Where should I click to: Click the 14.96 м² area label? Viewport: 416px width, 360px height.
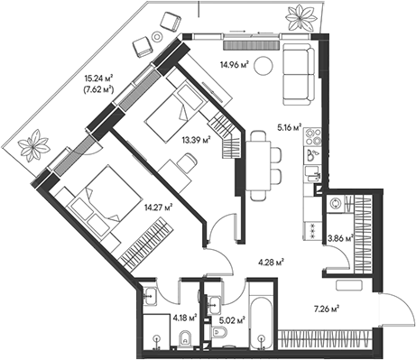pos(235,65)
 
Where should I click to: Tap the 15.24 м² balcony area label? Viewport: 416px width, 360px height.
pos(98,78)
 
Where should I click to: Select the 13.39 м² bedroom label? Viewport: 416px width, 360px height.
pos(196,140)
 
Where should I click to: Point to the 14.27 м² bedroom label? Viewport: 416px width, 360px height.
pos(158,207)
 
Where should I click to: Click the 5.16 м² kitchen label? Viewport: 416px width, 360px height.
pos(289,128)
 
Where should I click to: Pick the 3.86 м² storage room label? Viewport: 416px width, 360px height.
pos(340,239)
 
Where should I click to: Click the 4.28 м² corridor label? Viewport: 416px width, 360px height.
pos(272,263)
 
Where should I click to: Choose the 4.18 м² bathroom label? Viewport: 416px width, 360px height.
pos(185,318)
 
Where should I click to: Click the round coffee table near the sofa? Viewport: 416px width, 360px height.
pos(263,66)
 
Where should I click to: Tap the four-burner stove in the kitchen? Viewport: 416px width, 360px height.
pos(312,136)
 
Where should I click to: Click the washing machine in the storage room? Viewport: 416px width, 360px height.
pos(335,204)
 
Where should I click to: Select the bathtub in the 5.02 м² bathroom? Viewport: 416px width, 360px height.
pos(261,324)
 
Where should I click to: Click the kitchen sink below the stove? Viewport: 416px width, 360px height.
pos(312,173)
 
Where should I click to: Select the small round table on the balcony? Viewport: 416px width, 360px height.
pos(157,37)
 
